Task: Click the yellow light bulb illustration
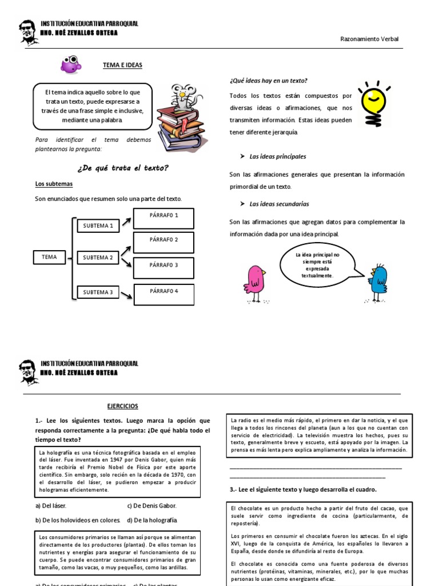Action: pyautogui.click(x=373, y=102)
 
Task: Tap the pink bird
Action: pyautogui.click(x=255, y=281)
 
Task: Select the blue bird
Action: pyautogui.click(x=377, y=281)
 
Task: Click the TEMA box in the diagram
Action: pyautogui.click(x=50, y=258)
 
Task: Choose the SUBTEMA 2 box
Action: pyautogui.click(x=98, y=258)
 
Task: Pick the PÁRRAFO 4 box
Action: pyautogui.click(x=164, y=294)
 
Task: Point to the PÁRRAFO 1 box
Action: pyautogui.click(x=164, y=217)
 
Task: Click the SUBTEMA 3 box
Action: pyautogui.click(x=98, y=292)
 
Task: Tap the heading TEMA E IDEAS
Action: pyautogui.click(x=122, y=66)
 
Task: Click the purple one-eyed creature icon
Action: pyautogui.click(x=71, y=65)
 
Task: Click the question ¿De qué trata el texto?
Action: pyautogui.click(x=122, y=168)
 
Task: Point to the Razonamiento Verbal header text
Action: pyautogui.click(x=369, y=39)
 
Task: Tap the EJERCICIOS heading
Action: pyautogui.click(x=123, y=406)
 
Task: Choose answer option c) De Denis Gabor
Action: pyautogui.click(x=151, y=506)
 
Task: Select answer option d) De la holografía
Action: pyautogui.click(x=151, y=520)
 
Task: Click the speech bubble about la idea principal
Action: pyautogui.click(x=317, y=265)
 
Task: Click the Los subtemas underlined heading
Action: pyautogui.click(x=54, y=184)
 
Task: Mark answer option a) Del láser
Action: pyautogui.click(x=51, y=506)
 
